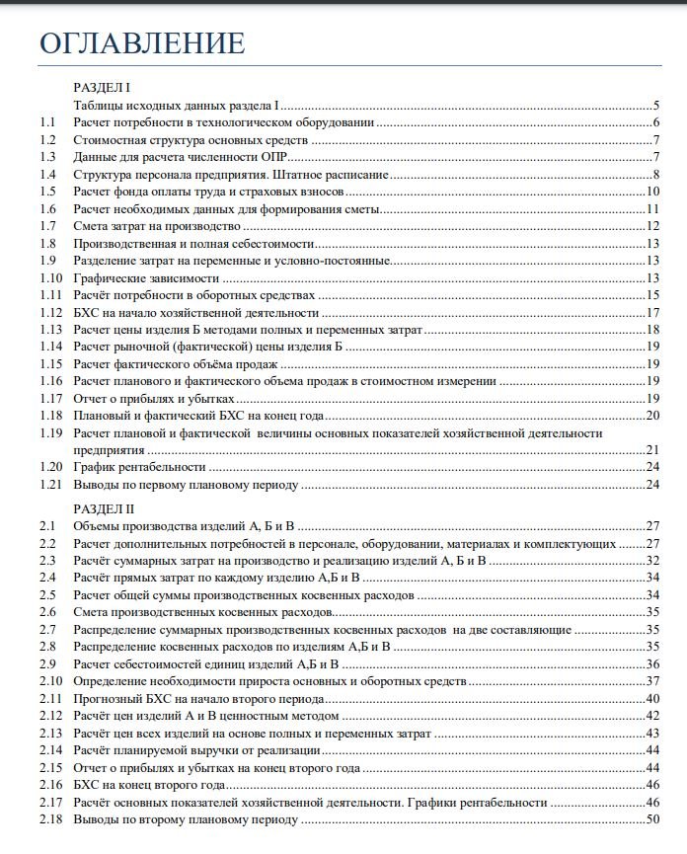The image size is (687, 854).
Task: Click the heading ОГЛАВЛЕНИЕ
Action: click(x=141, y=43)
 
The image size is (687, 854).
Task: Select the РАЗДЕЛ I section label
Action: click(x=103, y=87)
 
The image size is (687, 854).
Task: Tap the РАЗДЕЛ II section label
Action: click(x=105, y=508)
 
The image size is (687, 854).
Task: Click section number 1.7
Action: click(x=48, y=226)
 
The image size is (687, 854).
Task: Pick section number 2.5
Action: click(x=48, y=595)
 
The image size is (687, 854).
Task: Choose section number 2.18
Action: click(x=51, y=820)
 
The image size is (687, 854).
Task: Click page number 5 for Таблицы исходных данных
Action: click(x=655, y=105)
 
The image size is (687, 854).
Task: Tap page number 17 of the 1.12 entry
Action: click(x=652, y=313)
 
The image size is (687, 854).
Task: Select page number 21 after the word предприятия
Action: click(x=652, y=450)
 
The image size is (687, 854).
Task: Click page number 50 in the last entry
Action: click(x=652, y=820)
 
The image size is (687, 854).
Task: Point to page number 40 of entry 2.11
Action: click(x=652, y=699)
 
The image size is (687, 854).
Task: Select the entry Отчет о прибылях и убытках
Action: click(x=152, y=398)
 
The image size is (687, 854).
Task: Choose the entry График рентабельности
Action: click(x=139, y=467)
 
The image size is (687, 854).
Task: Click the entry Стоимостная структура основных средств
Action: click(x=191, y=139)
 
